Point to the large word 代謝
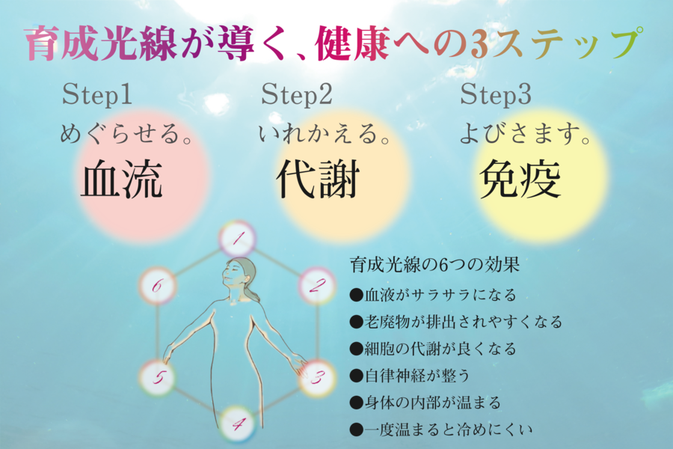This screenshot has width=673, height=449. (x=318, y=180)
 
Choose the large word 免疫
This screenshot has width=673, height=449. (x=520, y=180)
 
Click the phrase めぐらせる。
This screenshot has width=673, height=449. (x=123, y=136)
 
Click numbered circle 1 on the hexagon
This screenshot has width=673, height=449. (x=239, y=239)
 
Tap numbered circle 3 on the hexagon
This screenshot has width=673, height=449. (x=316, y=377)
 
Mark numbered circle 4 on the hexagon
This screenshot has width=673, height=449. (x=238, y=425)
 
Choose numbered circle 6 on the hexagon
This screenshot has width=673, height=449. (x=158, y=285)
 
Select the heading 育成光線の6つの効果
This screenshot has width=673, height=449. (x=434, y=265)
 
